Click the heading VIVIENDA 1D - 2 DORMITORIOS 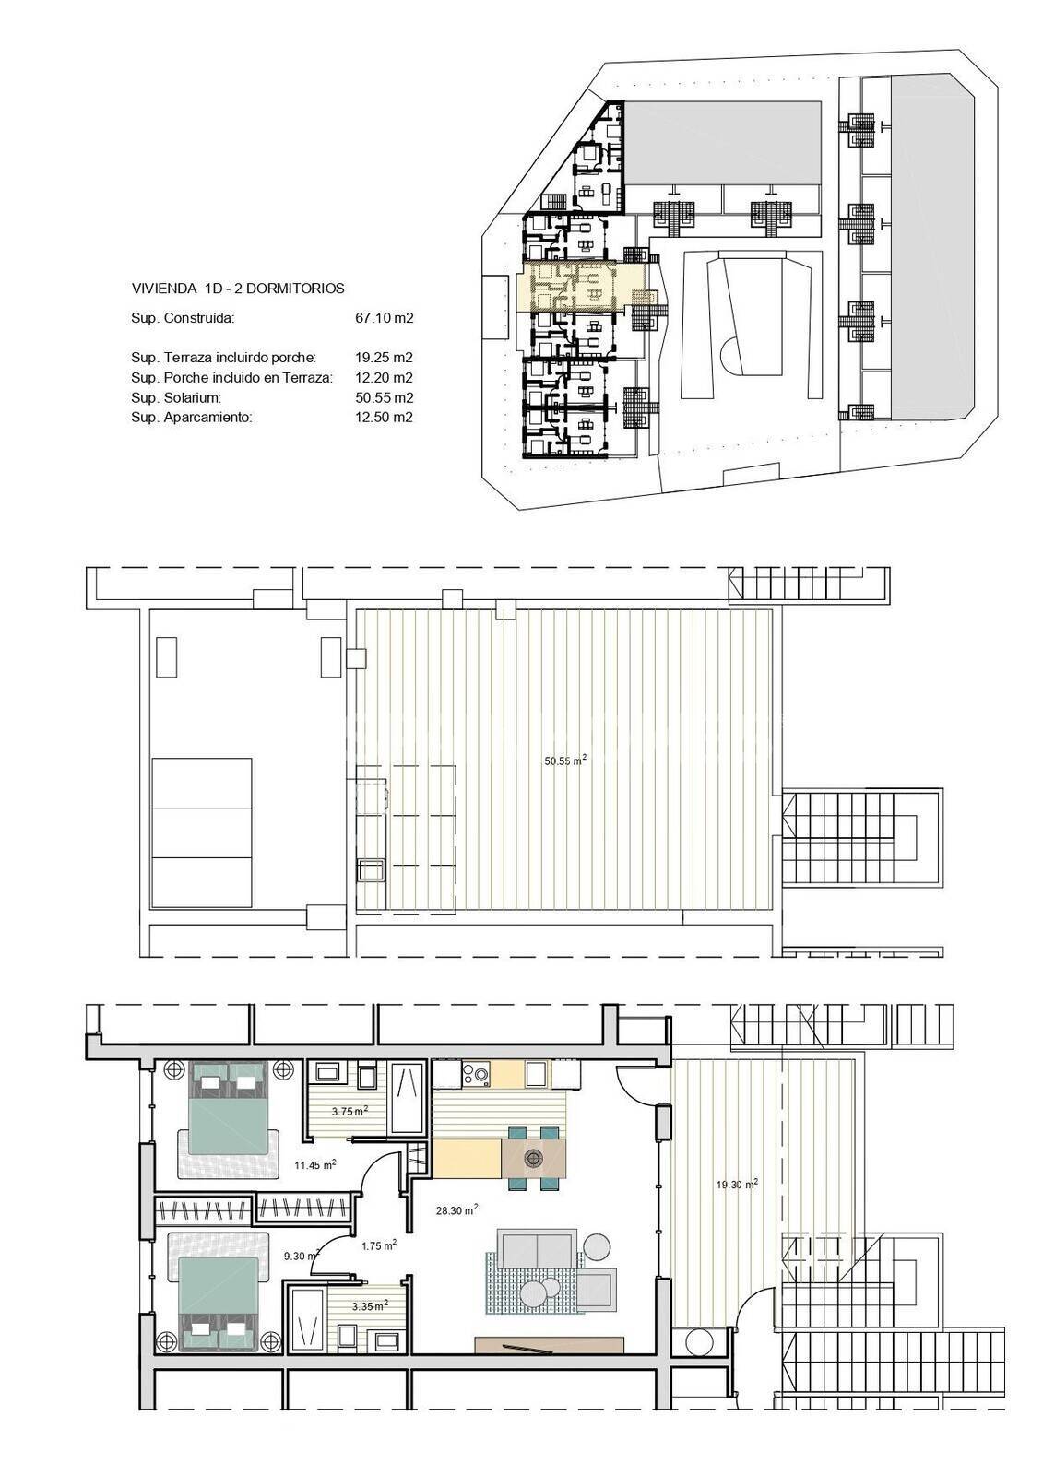point(238,289)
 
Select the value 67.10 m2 point(385,319)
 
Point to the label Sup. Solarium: point(176,397)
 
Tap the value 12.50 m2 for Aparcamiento point(385,418)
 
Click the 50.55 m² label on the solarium point(565,761)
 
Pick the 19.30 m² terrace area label point(737,1184)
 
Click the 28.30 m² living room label point(456,1209)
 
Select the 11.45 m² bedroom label point(315,1164)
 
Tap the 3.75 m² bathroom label point(350,1111)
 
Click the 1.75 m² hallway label point(379,1245)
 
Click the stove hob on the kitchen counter point(476,1074)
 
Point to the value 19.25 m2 point(385,359)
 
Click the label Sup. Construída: point(183,319)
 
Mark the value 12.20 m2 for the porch point(385,378)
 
